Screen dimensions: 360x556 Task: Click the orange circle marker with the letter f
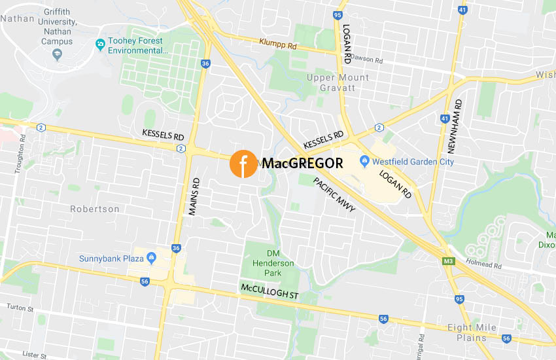coord(243,164)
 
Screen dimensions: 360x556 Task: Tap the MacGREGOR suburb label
coord(302,164)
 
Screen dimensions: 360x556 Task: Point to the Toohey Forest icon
coord(100,45)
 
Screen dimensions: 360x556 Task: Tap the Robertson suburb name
coord(96,209)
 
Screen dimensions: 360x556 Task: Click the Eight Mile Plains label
coord(472,333)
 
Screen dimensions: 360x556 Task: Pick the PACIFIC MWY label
coord(334,194)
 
